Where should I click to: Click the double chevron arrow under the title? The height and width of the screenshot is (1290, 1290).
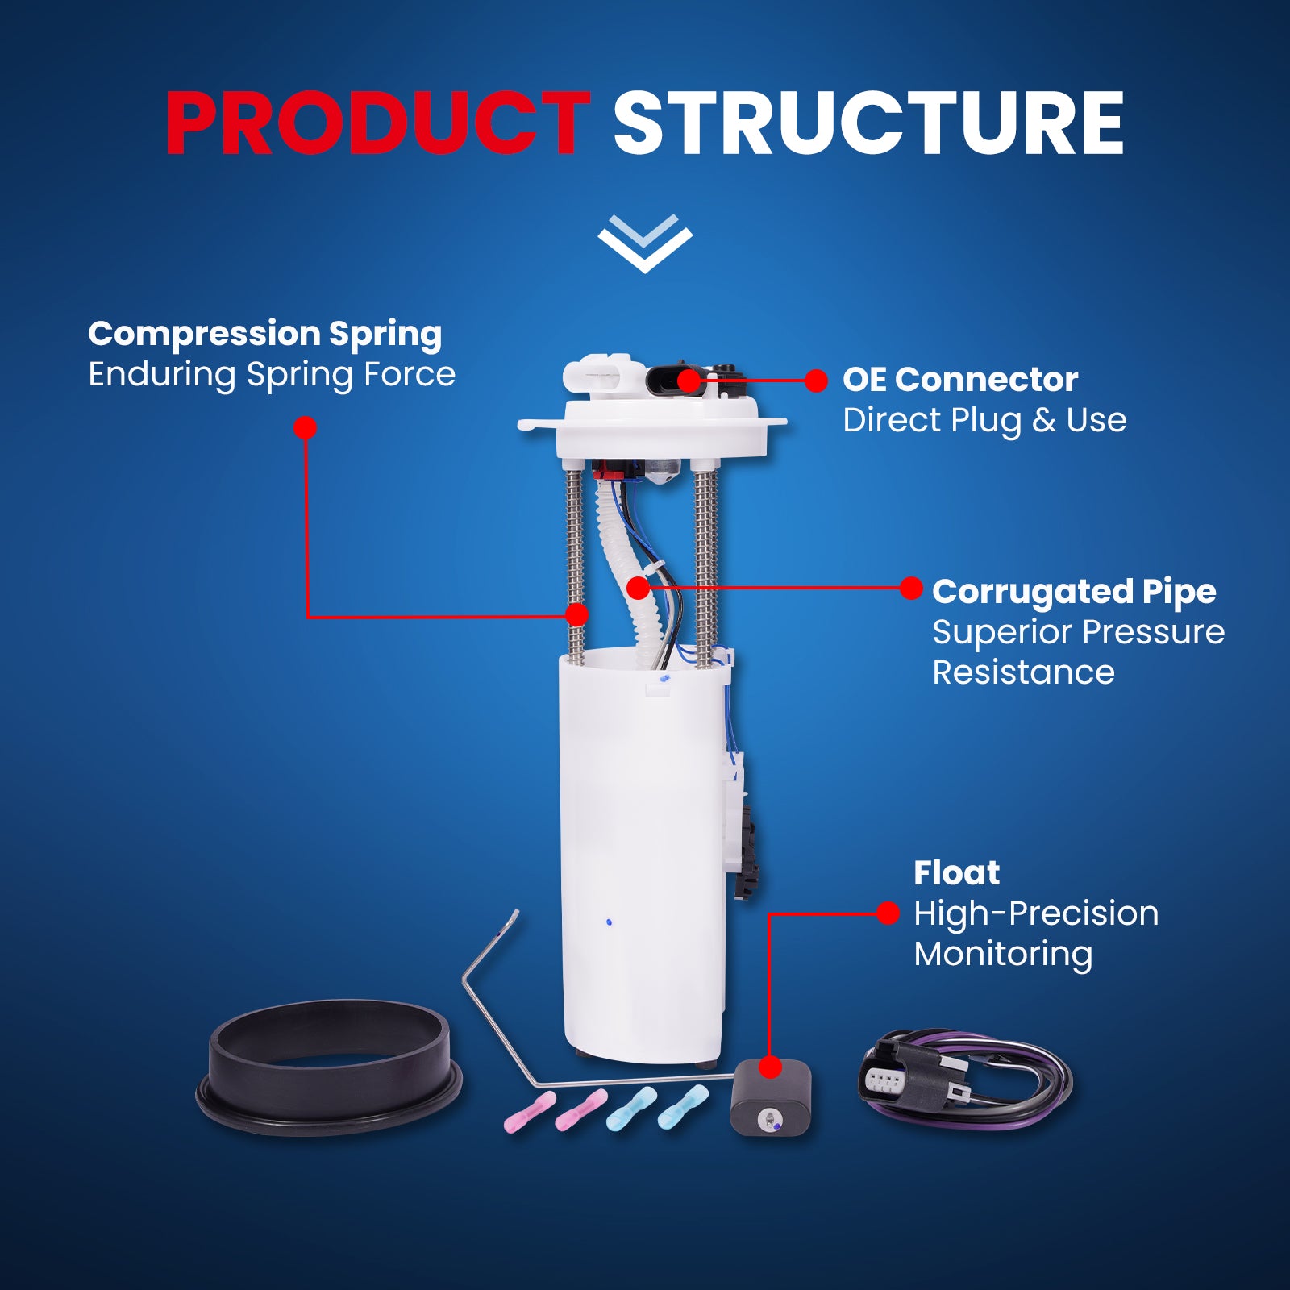tap(645, 243)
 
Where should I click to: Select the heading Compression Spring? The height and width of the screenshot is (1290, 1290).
tap(265, 334)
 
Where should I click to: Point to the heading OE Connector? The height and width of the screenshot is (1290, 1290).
tap(960, 379)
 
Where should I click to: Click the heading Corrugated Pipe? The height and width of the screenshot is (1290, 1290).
tap(1074, 592)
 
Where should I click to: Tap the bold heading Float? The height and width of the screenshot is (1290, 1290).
tap(956, 872)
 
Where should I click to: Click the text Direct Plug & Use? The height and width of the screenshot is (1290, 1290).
tap(984, 420)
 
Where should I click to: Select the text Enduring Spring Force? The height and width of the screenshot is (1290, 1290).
tap(272, 374)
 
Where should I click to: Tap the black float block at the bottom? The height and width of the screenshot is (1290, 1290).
tap(771, 1097)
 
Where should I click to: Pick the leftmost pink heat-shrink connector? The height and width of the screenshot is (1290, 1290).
tap(530, 1112)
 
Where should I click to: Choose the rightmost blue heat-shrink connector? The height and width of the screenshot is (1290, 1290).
tap(683, 1106)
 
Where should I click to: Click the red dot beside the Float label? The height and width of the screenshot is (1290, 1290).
tap(888, 913)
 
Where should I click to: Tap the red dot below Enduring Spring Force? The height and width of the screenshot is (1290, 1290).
tap(305, 427)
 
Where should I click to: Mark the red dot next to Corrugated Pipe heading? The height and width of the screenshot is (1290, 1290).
tap(911, 589)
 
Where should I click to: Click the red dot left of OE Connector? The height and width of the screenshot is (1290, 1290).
tap(816, 381)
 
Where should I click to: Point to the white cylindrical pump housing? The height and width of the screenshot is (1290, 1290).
tap(643, 855)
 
